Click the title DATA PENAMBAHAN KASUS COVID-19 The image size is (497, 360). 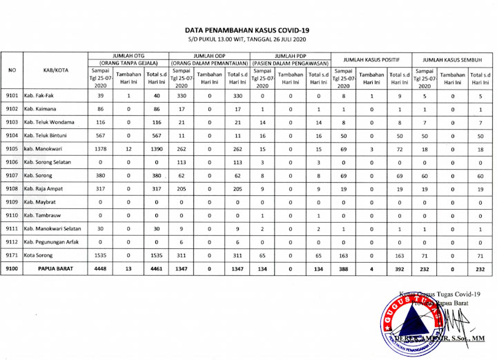(247, 30)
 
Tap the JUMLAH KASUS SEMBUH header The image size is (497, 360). (452, 60)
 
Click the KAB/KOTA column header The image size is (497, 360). (53, 70)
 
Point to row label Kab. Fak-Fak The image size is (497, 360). (40, 96)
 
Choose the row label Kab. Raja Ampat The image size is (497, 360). (47, 188)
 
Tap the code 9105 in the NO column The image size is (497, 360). (12, 148)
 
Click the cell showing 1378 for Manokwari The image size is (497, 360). (101, 148)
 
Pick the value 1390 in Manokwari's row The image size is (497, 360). (156, 148)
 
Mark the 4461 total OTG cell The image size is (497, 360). (156, 268)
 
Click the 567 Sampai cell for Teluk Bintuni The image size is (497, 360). (101, 135)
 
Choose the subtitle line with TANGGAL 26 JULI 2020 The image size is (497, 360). (247, 40)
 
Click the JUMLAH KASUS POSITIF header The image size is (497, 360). (371, 60)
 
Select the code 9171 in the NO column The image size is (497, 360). (12, 255)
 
